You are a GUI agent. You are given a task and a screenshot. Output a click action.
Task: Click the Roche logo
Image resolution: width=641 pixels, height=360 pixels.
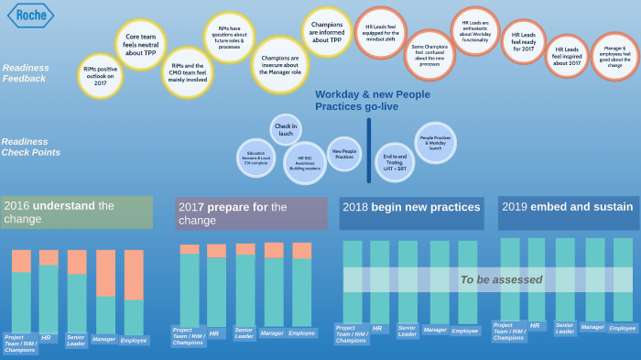click(x=31, y=16)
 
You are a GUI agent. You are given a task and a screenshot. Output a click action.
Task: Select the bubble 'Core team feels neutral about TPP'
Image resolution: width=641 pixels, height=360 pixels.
click(x=140, y=45)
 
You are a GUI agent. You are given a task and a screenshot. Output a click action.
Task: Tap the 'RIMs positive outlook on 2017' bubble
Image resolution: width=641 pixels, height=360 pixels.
click(x=100, y=76)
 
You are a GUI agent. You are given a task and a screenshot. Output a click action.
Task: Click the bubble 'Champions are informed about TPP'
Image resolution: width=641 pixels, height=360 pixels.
click(x=327, y=32)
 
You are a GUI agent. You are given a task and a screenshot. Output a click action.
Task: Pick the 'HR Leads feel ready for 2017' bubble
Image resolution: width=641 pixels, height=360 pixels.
click(x=523, y=42)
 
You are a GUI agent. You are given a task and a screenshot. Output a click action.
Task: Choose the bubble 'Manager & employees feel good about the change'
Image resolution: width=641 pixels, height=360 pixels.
click(x=614, y=57)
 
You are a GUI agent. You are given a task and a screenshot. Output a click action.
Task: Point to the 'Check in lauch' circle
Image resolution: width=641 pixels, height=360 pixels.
click(x=286, y=130)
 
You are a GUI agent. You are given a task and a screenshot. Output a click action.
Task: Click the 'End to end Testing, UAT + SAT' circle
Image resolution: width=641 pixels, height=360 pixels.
click(x=395, y=161)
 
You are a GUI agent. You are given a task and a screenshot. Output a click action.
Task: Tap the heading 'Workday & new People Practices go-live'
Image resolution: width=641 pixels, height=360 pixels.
click(x=371, y=101)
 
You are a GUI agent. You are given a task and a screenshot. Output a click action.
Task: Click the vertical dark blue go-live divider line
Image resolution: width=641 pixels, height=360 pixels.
click(x=369, y=150)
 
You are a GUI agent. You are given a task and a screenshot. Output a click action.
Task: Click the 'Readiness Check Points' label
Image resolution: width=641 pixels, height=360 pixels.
click(x=30, y=147)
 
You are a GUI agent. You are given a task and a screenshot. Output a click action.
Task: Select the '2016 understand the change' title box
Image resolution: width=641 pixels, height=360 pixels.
click(x=77, y=212)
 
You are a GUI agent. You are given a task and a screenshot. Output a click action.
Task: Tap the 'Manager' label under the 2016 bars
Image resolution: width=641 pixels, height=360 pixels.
click(x=103, y=339)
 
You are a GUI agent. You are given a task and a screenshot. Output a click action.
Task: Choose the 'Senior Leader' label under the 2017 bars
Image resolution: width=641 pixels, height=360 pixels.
click(x=244, y=334)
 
